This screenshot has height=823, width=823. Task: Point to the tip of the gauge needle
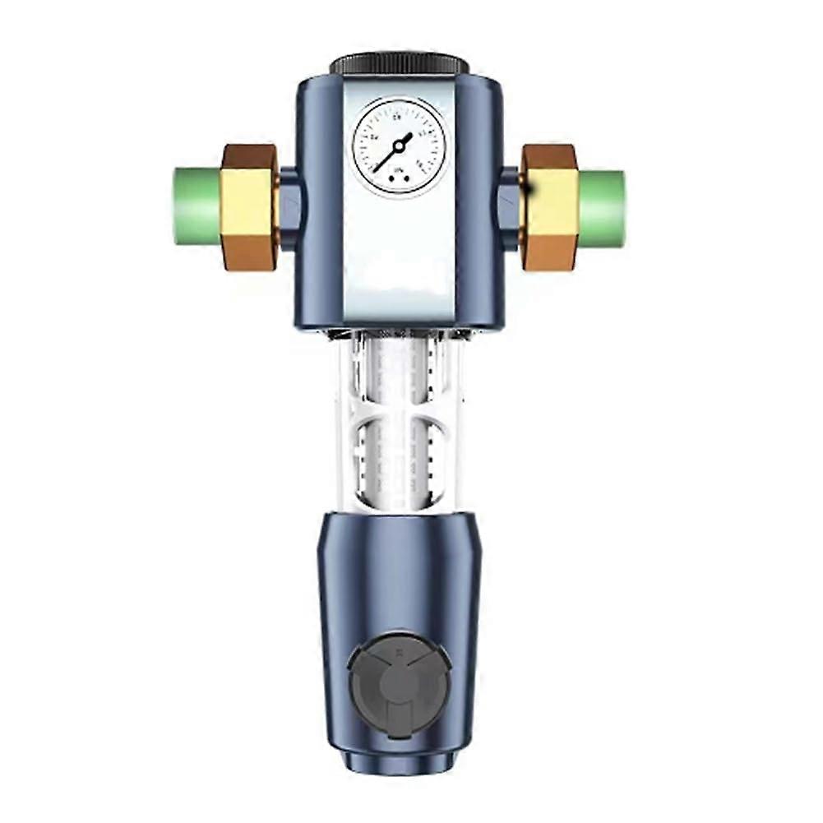(x=377, y=170)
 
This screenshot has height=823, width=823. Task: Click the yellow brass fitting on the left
(x=248, y=206)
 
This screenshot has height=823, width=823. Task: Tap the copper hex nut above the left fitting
(x=249, y=157)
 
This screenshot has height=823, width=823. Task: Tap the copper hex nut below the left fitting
(x=249, y=256)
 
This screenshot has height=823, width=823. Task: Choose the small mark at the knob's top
(x=398, y=649)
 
